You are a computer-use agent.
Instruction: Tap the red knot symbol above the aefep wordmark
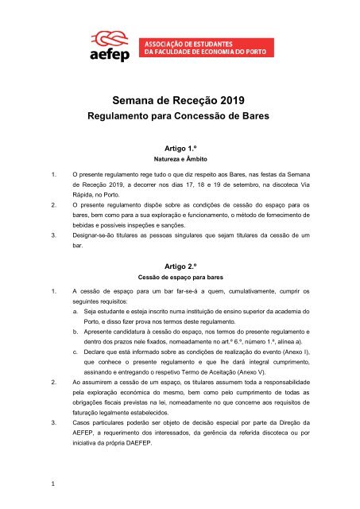click(x=115, y=37)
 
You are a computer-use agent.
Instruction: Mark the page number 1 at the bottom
click(x=52, y=486)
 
